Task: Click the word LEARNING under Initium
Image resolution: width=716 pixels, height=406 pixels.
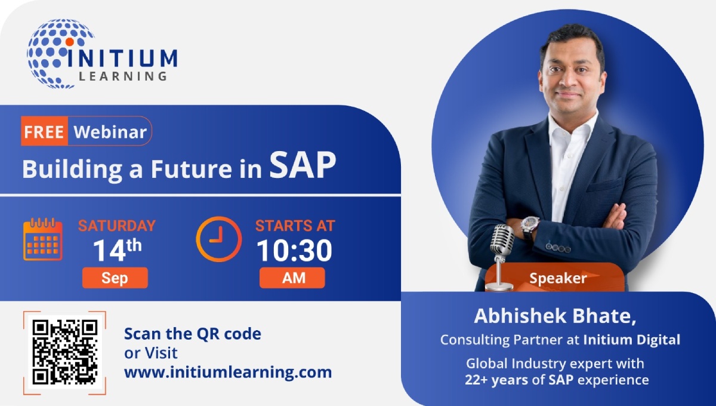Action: tap(123, 76)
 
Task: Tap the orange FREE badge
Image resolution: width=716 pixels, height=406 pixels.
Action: tap(45, 132)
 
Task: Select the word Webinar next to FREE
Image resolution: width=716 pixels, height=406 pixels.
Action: tap(110, 132)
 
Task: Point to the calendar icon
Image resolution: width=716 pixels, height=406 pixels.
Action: tap(42, 239)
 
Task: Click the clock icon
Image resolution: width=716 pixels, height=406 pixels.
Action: tap(219, 239)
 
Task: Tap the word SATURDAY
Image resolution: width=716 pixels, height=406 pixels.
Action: tap(117, 226)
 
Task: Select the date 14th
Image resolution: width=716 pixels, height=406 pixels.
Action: tap(116, 251)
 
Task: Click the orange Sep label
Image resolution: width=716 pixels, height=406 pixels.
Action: tap(115, 278)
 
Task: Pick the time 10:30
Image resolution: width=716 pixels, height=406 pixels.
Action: tap(294, 251)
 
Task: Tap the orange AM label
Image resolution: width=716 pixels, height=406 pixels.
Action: tap(292, 278)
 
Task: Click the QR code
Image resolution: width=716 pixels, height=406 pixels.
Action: tap(64, 352)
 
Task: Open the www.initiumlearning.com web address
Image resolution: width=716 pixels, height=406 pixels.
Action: tap(227, 372)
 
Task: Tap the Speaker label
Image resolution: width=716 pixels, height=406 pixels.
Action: tap(558, 278)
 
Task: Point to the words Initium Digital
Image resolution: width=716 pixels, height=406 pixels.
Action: tap(632, 340)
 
